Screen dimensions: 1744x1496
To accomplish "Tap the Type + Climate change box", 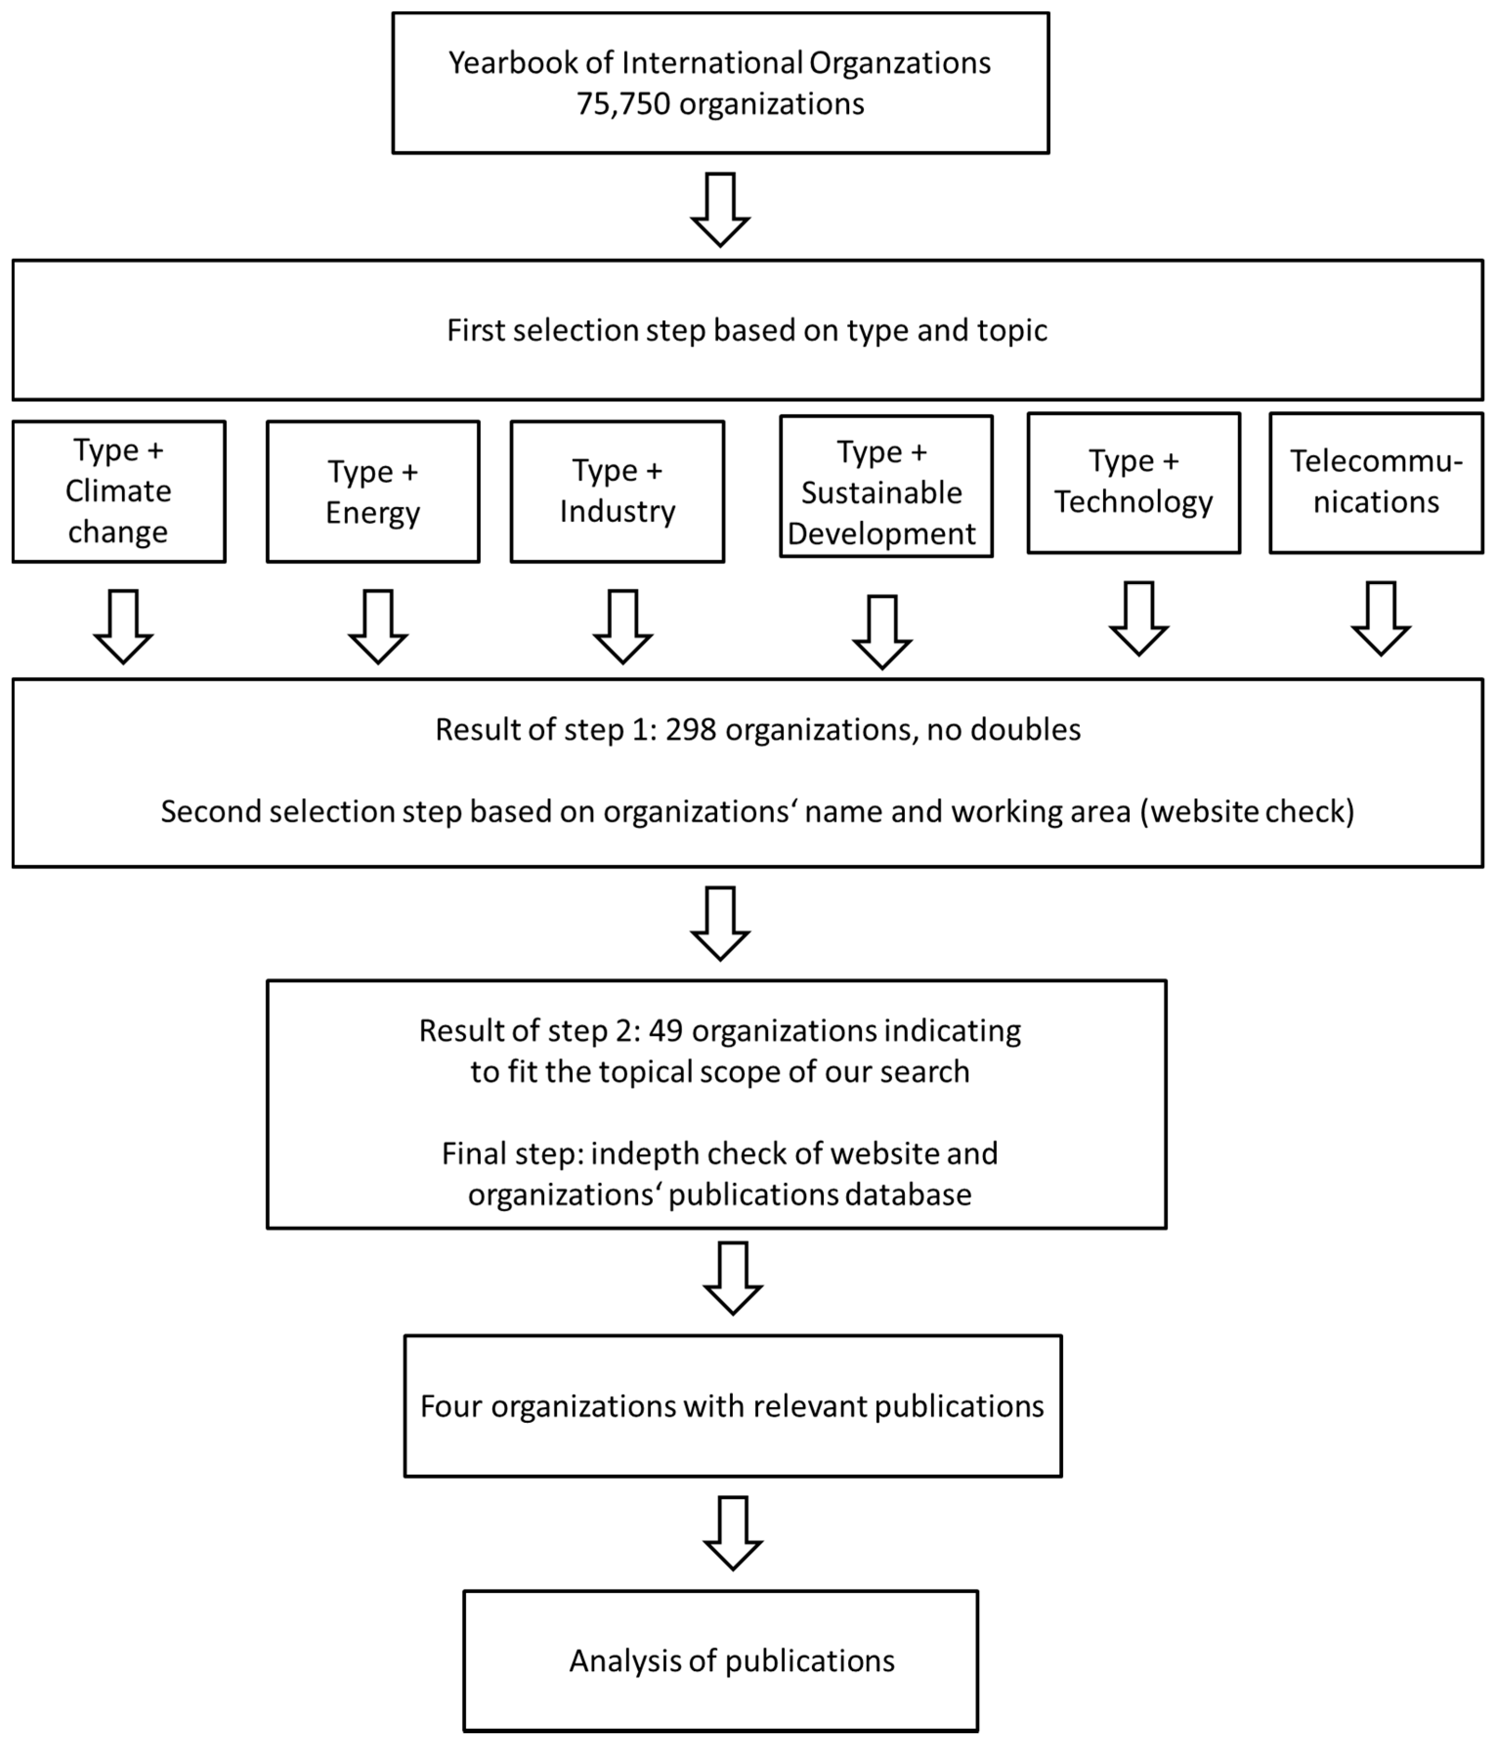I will tap(119, 492).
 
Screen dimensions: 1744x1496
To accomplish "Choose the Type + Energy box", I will tap(373, 492).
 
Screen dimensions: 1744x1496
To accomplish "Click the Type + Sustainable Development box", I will tap(886, 486).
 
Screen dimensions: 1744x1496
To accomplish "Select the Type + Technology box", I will tap(1133, 482).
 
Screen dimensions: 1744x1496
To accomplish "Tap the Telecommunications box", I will tap(1376, 482).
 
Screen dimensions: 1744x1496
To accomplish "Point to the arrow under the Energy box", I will tap(378, 627).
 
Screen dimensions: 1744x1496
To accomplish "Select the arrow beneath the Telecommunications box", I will tap(1381, 619).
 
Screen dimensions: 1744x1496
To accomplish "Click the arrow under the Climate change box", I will tap(124, 627).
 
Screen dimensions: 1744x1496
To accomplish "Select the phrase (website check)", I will tap(1247, 811).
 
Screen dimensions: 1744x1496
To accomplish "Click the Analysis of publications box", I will tap(720, 1661).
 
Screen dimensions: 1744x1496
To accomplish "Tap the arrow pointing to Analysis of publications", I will tap(733, 1533).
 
